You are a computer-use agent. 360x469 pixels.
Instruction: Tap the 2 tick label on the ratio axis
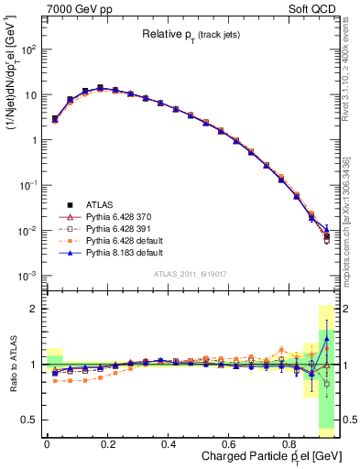pyautogui.click(x=33, y=309)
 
